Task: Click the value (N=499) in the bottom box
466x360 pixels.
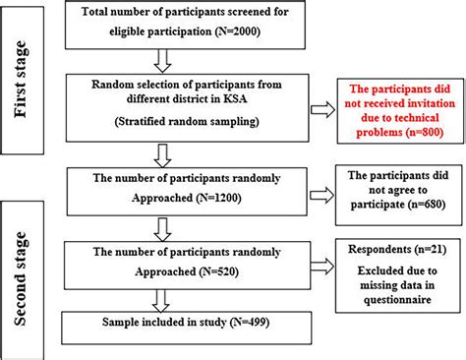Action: (272, 323)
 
